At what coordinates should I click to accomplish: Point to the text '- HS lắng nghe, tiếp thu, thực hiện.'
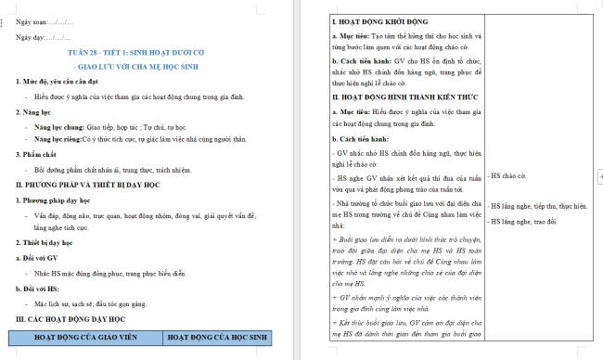point(538,206)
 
